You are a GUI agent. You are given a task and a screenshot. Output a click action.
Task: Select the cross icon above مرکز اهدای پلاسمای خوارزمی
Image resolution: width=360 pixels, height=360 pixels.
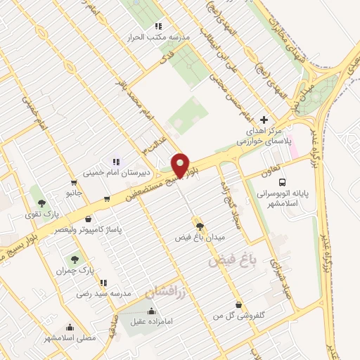click(x=264, y=120)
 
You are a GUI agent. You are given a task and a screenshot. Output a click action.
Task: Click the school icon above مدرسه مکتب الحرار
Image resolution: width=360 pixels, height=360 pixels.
click(x=149, y=26)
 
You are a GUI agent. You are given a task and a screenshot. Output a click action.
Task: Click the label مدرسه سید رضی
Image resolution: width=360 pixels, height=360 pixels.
click(x=103, y=293)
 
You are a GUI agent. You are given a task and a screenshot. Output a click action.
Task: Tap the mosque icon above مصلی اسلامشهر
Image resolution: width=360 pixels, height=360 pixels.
click(x=70, y=327)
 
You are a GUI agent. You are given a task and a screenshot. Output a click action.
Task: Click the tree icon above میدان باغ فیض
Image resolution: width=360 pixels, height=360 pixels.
click(x=200, y=226)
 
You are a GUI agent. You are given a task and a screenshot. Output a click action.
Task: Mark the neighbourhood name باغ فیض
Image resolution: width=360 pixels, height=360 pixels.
click(x=229, y=261)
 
